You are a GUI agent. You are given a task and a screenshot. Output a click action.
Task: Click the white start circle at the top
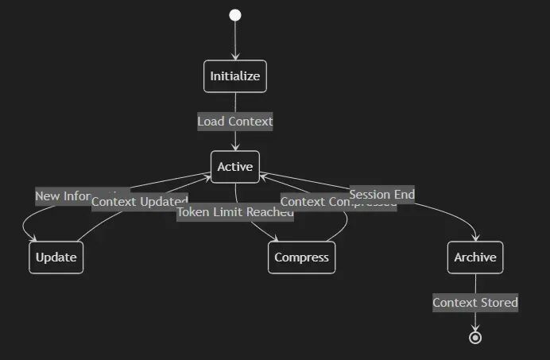pos(234,15)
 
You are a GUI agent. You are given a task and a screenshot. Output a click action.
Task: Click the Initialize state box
pos(234,76)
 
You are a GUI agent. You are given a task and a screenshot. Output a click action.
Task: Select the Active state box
pos(234,167)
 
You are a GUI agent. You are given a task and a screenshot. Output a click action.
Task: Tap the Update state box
pos(56,257)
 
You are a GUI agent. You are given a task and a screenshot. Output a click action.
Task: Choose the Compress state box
pos(301,257)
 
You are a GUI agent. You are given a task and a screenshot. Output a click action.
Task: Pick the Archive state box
pos(475,257)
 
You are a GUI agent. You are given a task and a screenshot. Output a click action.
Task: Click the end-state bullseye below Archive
pos(475,338)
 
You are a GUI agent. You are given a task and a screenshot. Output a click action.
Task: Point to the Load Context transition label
pos(234,122)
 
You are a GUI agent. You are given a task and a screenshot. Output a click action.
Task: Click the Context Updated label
pos(139,202)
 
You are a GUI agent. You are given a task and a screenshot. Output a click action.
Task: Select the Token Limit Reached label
pos(234,212)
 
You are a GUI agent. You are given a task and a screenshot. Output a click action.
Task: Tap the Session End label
pos(382,194)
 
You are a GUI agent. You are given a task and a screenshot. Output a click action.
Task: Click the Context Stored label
pos(475,303)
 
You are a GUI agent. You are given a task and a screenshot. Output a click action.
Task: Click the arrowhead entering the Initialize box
pos(234,57)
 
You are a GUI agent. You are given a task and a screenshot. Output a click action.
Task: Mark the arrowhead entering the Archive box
pos(475,238)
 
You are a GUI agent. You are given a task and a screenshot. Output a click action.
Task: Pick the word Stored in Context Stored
pos(499,303)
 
